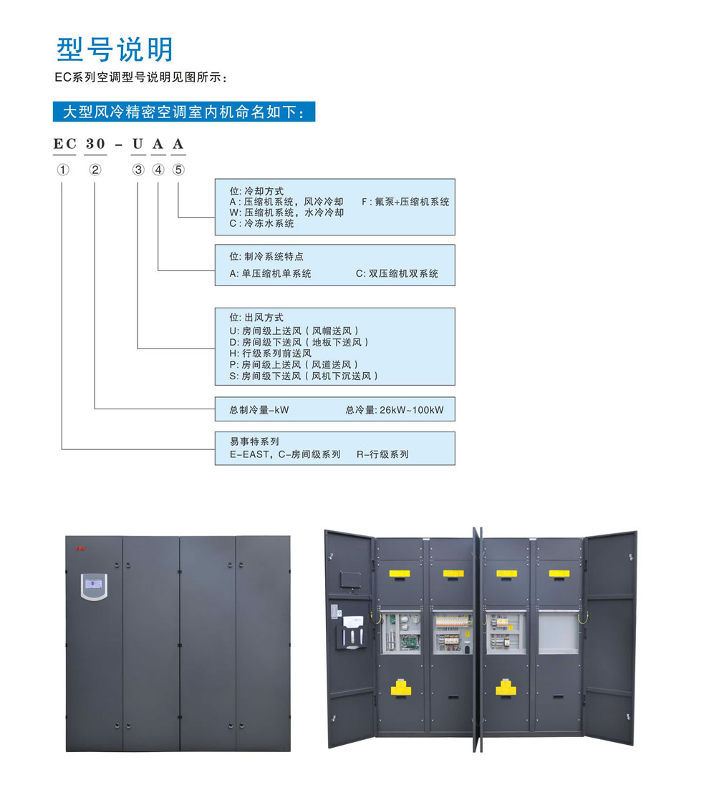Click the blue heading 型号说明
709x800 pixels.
[x=115, y=49]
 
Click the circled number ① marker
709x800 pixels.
[x=63, y=170]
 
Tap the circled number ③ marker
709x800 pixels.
[x=138, y=170]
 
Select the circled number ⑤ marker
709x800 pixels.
[x=178, y=170]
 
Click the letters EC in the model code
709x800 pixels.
[x=65, y=144]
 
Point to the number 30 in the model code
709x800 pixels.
[x=95, y=144]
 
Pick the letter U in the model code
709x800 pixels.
[x=138, y=144]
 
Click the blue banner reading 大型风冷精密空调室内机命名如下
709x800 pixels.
[x=184, y=112]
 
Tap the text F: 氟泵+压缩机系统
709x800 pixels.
[x=405, y=202]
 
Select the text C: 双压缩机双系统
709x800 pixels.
[x=397, y=273]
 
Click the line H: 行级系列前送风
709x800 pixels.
[x=270, y=353]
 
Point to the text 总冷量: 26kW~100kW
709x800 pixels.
[x=395, y=410]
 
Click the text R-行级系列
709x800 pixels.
[x=382, y=454]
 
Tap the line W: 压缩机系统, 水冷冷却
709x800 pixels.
[x=286, y=213]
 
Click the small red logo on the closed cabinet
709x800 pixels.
[x=81, y=549]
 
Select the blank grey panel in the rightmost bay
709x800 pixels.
[x=559, y=632]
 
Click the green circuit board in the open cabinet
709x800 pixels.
[x=410, y=641]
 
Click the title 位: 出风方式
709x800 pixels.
[x=256, y=317]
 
